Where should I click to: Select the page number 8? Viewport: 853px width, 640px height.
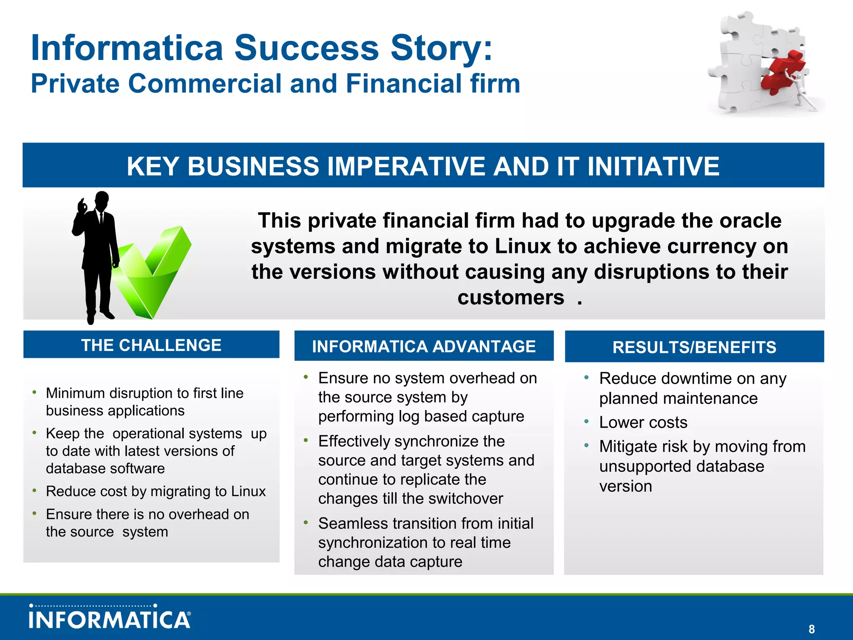pos(811,629)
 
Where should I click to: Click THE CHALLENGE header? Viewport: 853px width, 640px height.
pos(151,345)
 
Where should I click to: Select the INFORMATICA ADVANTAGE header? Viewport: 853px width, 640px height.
pos(424,346)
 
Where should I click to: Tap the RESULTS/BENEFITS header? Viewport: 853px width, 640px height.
pos(694,347)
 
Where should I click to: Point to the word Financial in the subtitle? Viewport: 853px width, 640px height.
pos(403,83)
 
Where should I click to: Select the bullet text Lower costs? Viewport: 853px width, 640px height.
pos(643,422)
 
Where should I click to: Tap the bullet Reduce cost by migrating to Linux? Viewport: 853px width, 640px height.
pos(155,491)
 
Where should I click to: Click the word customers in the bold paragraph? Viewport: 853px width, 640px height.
pos(511,297)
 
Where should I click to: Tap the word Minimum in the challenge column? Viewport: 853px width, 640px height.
pos(75,393)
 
